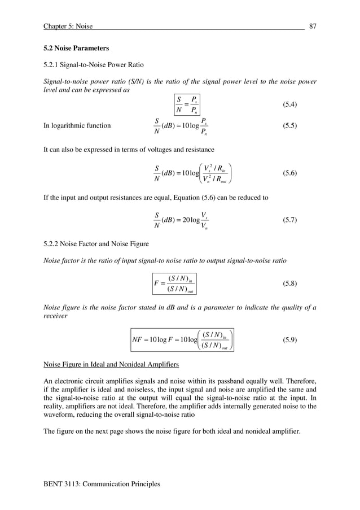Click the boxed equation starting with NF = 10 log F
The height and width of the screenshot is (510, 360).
click(182, 340)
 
